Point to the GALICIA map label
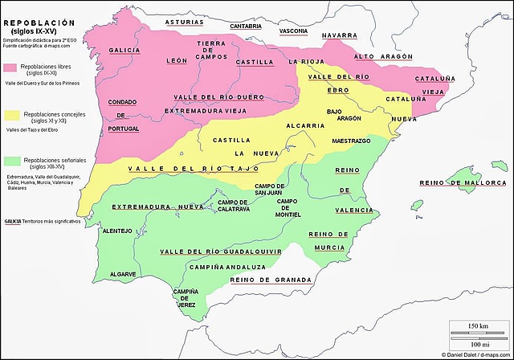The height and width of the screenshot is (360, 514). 124,50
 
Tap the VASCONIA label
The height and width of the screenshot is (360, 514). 293,31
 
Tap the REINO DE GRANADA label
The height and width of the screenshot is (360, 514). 270,279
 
